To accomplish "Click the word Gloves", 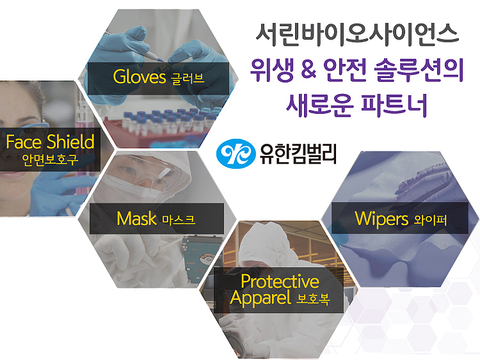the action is pyautogui.click(x=140, y=77).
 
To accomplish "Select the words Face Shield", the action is pyautogui.click(x=50, y=142).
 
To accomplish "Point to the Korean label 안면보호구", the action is pyautogui.click(x=50, y=160).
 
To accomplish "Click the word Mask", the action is pyautogui.click(x=136, y=219).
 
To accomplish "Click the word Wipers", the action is pyautogui.click(x=381, y=219).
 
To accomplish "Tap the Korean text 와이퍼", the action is pyautogui.click(x=431, y=220).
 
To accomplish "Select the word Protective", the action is pyautogui.click(x=280, y=281).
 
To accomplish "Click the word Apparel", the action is pyautogui.click(x=260, y=297).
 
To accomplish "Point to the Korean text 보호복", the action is pyautogui.click(x=313, y=299).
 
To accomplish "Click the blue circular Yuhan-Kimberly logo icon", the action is pyautogui.click(x=236, y=153).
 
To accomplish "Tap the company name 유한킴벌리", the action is pyautogui.click(x=298, y=154).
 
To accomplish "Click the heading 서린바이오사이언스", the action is pyautogui.click(x=358, y=35).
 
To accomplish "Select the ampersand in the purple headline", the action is pyautogui.click(x=308, y=70).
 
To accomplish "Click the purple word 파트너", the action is pyautogui.click(x=394, y=105).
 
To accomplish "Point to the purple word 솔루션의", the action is pyautogui.click(x=419, y=70).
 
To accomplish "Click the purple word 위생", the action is pyautogui.click(x=272, y=70).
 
